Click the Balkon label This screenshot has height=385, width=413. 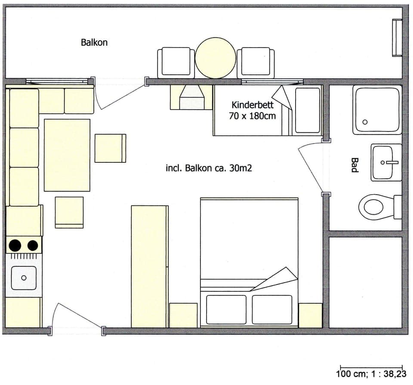click(94, 43)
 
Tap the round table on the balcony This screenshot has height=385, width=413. click(216, 58)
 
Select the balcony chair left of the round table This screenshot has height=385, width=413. click(176, 62)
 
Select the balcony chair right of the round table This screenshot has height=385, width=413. click(256, 62)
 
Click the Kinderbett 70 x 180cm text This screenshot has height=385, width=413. click(253, 110)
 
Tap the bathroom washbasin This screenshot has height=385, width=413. click(386, 162)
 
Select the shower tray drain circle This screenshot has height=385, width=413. click(365, 122)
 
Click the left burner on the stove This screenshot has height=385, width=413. click(15, 245)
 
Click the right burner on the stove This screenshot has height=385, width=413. click(33, 245)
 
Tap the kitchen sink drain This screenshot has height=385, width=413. click(23, 278)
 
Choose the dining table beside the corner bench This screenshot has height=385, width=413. click(67, 155)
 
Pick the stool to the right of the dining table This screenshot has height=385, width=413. click(110, 148)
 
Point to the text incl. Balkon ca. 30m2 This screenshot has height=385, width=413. click(209, 168)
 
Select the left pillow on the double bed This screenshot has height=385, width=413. click(225, 309)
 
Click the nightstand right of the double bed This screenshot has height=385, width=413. click(310, 315)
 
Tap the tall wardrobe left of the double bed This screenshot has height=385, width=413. click(149, 266)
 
